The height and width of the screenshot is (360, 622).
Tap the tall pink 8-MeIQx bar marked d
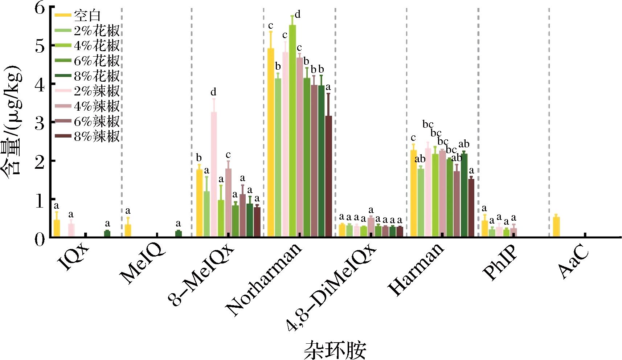pos(214,174)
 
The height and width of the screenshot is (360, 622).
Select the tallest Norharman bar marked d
pos(292,131)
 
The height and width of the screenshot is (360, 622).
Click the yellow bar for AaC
pos(556,227)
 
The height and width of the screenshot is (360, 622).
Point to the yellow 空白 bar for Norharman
pos(271,143)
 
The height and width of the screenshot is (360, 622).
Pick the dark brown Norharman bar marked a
pos(328,176)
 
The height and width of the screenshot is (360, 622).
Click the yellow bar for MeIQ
pos(128,231)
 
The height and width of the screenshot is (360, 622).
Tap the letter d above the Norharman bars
pos(298,15)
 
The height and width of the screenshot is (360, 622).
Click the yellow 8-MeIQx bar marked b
pos(199,203)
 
